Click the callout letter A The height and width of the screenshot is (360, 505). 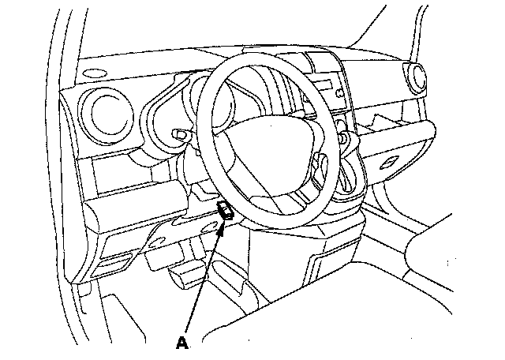[x=183, y=343]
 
